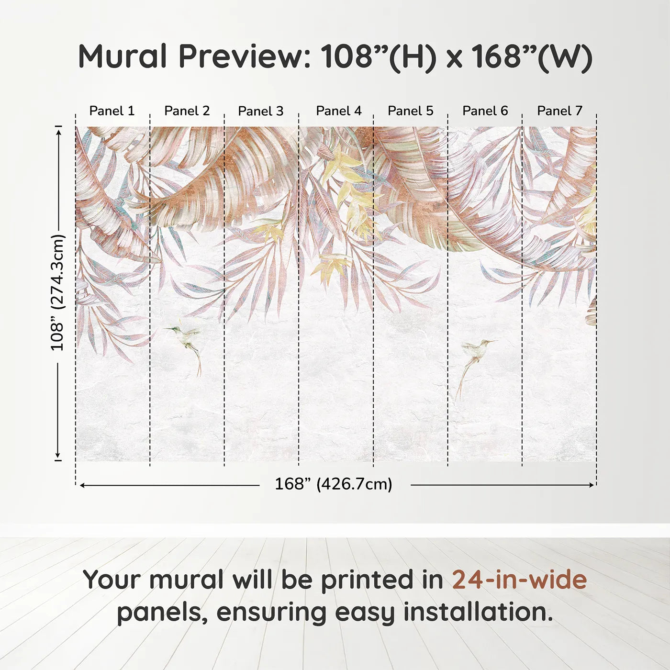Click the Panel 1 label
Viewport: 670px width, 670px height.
(112, 111)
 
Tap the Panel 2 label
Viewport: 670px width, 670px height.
(187, 111)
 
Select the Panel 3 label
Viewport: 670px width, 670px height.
(261, 111)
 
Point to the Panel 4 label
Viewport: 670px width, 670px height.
(339, 111)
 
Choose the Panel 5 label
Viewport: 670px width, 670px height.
(411, 111)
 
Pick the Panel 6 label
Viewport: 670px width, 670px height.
(485, 111)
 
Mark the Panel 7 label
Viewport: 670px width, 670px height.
(559, 111)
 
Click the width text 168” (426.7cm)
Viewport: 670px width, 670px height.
(334, 484)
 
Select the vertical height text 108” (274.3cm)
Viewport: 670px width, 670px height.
(58, 292)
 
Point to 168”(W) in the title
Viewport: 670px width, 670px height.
(532, 56)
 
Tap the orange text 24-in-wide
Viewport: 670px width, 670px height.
(519, 580)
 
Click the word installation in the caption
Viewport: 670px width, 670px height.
(478, 612)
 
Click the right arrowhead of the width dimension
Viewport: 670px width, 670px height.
(592, 485)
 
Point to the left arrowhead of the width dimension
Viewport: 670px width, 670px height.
(83, 485)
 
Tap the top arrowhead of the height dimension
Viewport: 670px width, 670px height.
(58, 133)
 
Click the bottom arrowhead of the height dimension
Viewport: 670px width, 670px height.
(58, 455)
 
